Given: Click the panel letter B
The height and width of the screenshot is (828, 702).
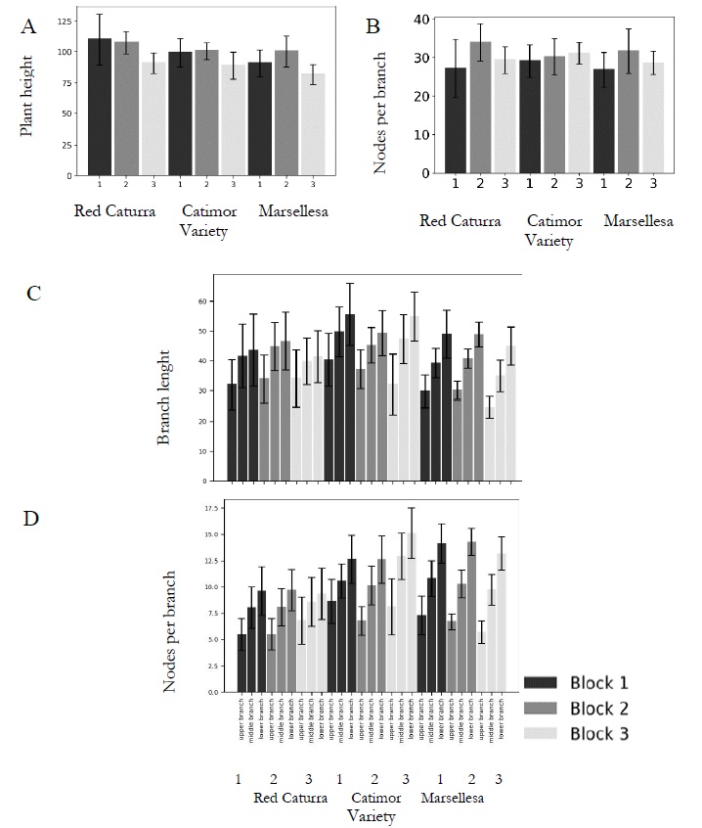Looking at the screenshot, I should pos(373,27).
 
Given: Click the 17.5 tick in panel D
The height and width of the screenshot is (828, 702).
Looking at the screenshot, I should pos(208,508).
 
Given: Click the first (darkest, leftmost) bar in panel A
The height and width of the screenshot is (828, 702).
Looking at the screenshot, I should pos(100,108).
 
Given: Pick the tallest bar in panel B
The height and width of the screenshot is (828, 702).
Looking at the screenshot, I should pos(481,107).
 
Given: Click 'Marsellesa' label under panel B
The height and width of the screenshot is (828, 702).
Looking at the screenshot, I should pos(638,221).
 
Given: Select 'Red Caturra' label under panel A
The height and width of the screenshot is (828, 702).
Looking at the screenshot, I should pos(115,210).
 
